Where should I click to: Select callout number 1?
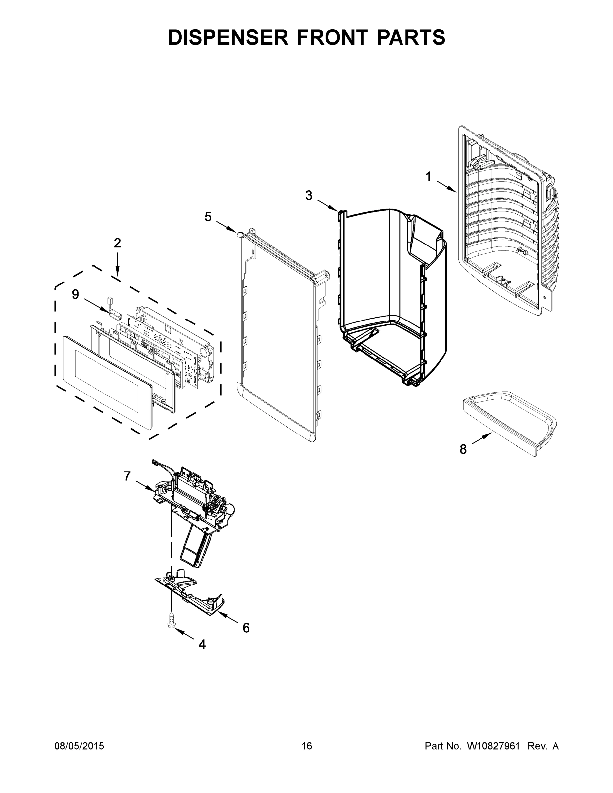(429, 177)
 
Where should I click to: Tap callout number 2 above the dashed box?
(117, 243)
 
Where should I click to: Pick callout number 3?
(308, 195)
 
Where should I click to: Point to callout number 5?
(208, 217)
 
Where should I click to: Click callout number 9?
(75, 294)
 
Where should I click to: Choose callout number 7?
(127, 476)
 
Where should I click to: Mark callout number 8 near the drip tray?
(463, 449)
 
